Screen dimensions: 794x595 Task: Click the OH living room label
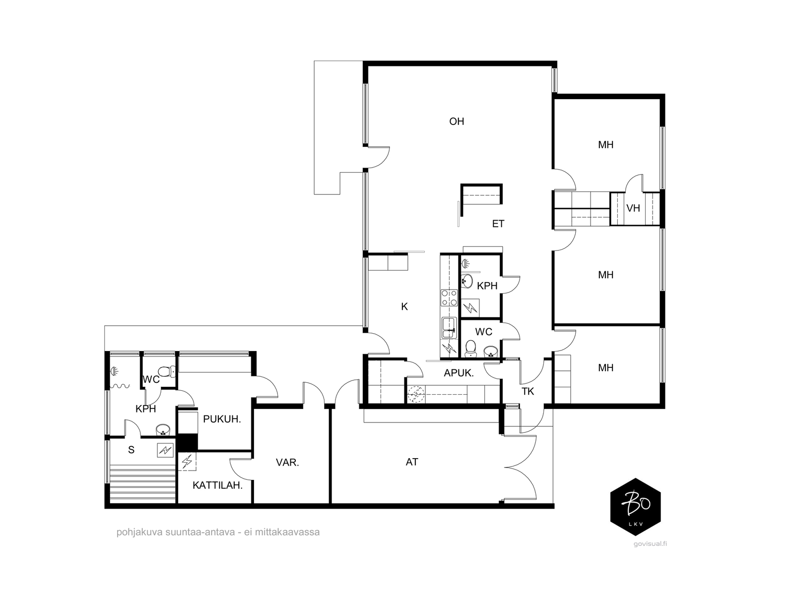457,121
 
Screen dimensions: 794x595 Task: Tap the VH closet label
633,208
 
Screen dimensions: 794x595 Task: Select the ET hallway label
498,224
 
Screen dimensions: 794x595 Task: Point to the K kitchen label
404,306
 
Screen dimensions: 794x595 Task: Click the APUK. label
459,373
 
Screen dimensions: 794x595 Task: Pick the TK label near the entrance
528,391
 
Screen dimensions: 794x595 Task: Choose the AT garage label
412,462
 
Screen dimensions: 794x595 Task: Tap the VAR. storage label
287,463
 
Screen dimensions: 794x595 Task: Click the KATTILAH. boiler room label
217,485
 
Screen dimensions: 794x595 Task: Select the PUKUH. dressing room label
222,419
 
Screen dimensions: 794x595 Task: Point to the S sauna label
132,450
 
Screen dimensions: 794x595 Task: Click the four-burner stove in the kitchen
449,297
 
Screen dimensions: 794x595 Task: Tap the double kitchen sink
449,328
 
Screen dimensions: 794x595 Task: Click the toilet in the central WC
470,348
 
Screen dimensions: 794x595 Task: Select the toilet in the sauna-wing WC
167,371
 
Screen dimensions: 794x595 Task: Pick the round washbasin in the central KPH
466,281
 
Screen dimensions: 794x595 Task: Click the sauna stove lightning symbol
165,451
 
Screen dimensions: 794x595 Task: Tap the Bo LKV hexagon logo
636,506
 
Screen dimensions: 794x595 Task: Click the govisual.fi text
650,544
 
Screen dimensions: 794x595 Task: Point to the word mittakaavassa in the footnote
287,532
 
